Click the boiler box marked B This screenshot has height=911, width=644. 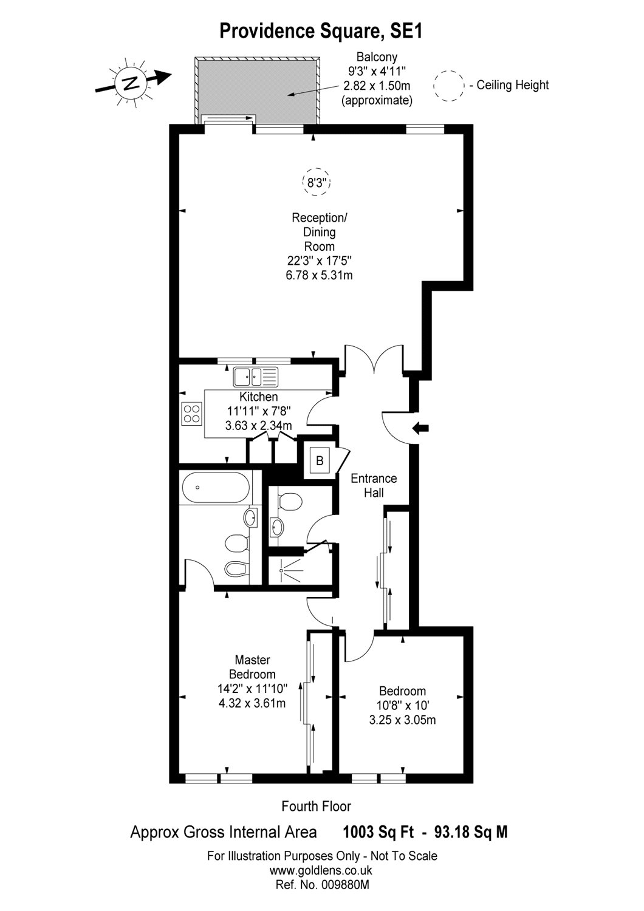coord(319,461)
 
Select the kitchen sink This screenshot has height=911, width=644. coord(255,377)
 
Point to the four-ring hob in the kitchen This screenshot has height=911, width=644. coord(192,414)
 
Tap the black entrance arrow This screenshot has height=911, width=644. coord(420,428)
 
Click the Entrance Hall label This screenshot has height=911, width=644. coord(374,486)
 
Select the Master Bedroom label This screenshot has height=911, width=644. coord(252,667)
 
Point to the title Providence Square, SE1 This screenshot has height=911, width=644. coord(321,31)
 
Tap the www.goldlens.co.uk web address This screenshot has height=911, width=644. coord(321,870)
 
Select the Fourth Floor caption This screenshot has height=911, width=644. coord(316,807)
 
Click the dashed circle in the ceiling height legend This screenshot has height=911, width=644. coord(449,86)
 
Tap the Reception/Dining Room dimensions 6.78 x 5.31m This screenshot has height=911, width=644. coord(320,275)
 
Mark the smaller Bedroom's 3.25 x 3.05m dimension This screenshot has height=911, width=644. coord(402,720)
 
